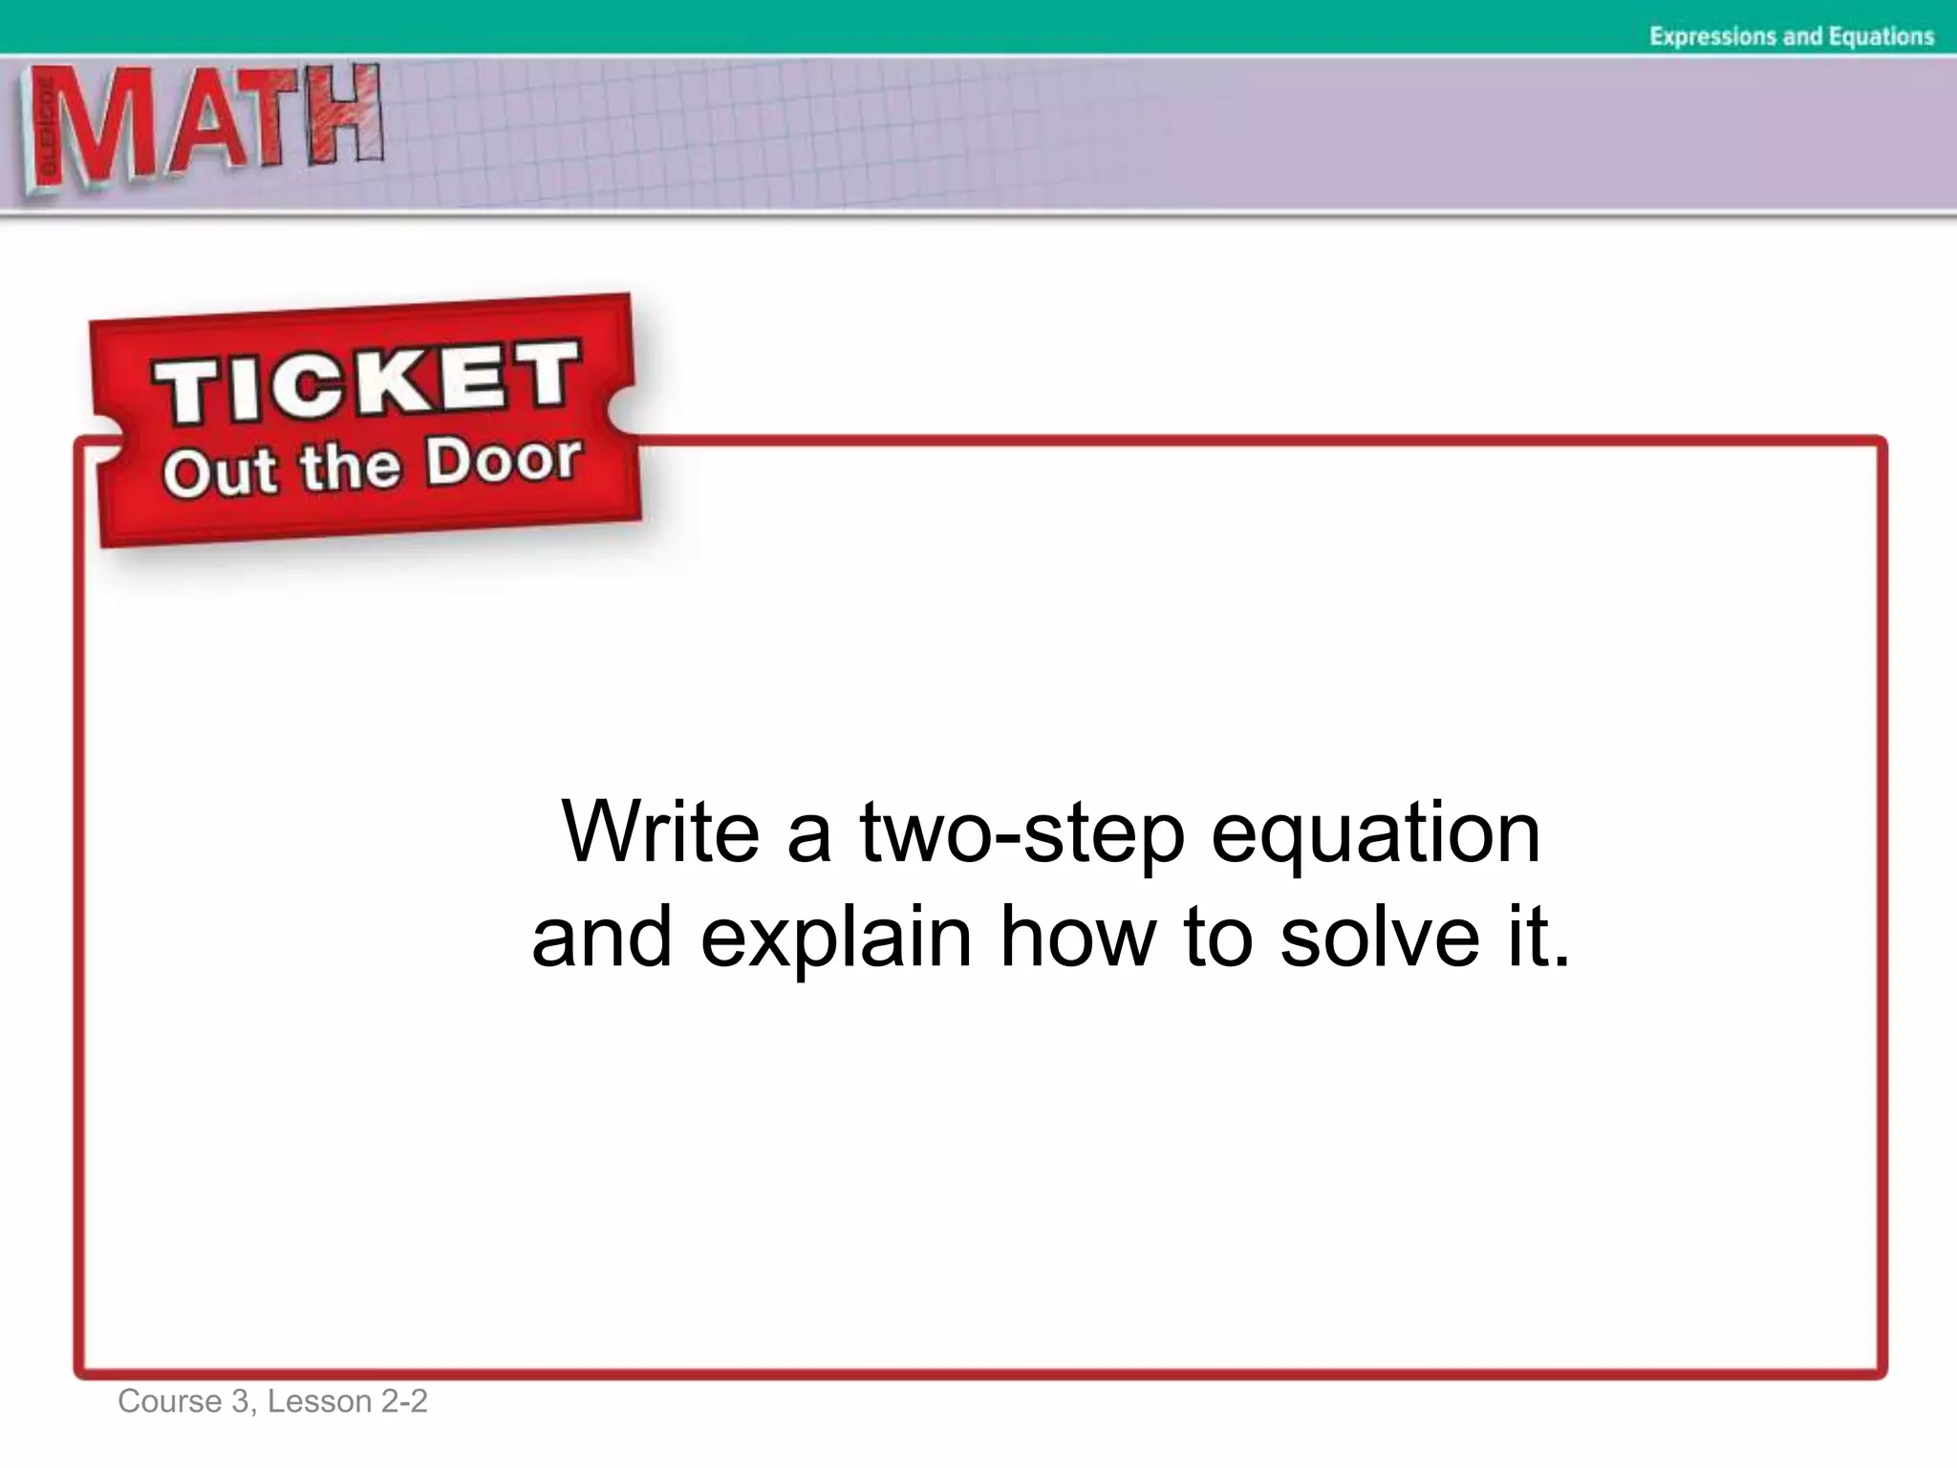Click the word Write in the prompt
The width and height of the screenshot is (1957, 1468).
tap(660, 831)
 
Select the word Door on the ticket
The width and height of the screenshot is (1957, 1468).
tap(504, 461)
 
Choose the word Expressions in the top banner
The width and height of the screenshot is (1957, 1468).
tap(1710, 36)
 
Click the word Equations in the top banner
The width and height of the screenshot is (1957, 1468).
tap(1881, 36)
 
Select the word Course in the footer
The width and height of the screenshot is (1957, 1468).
tap(169, 1401)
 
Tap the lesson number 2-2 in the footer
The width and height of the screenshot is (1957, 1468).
tap(404, 1401)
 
